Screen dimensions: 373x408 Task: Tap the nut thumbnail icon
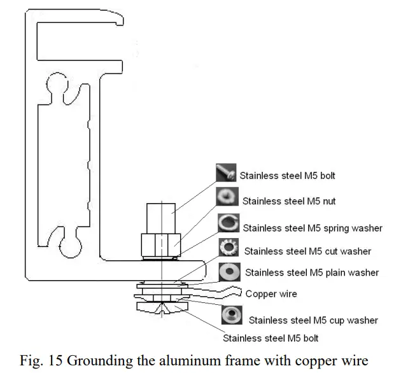tap(227, 198)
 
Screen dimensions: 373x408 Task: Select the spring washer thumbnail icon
tap(228, 224)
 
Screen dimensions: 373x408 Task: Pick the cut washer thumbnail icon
tap(228, 248)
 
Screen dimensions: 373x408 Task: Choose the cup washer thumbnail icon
tap(231, 316)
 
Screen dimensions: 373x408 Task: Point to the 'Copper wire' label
tap(271, 294)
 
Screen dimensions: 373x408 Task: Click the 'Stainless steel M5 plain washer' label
tap(312, 273)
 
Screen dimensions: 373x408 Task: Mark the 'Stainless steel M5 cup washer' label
tap(313, 320)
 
